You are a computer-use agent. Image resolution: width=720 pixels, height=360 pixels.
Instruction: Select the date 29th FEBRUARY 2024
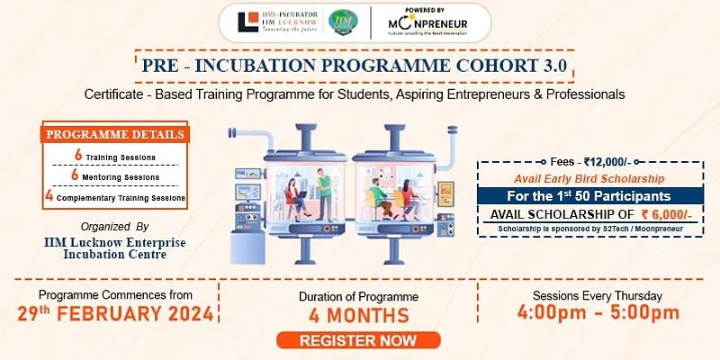click(x=116, y=314)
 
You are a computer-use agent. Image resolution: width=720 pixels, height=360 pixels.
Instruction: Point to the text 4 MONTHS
click(x=358, y=316)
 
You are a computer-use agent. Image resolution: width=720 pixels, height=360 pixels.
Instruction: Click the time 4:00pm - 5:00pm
click(x=598, y=313)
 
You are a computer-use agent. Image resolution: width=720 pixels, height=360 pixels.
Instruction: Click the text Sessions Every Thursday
click(x=598, y=295)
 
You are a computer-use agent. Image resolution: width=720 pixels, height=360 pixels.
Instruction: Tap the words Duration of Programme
click(x=358, y=296)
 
